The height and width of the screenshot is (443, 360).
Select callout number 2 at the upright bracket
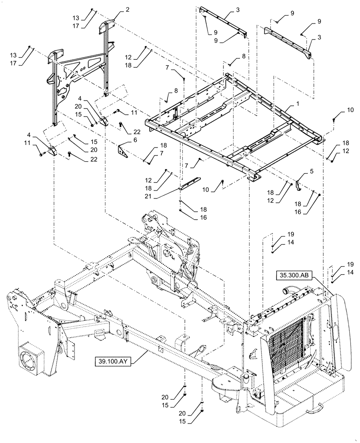(115, 9)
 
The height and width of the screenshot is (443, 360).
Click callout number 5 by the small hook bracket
(305, 170)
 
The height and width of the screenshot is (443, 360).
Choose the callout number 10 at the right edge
(338, 109)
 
